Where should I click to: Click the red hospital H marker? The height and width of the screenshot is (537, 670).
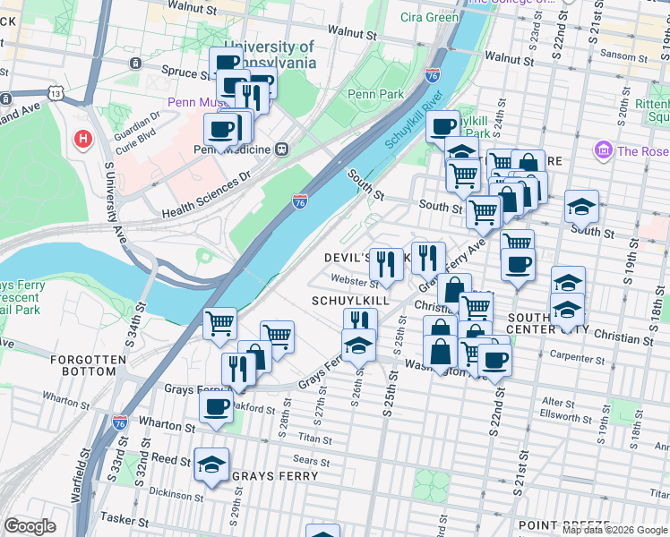coord(83,139)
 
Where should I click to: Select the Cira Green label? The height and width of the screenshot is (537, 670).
coord(430,17)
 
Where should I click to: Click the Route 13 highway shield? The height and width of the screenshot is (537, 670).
coord(56,93)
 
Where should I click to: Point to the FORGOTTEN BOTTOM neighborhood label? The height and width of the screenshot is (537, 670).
coord(89,365)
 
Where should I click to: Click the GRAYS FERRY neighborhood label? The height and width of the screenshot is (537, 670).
coord(274,476)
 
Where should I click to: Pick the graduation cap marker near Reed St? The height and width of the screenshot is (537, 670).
coord(212,465)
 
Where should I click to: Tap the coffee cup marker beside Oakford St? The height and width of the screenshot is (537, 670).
coord(216,406)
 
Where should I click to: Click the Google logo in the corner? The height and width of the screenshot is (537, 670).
coord(30,526)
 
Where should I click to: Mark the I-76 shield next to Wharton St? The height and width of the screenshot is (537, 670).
coord(120,422)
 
